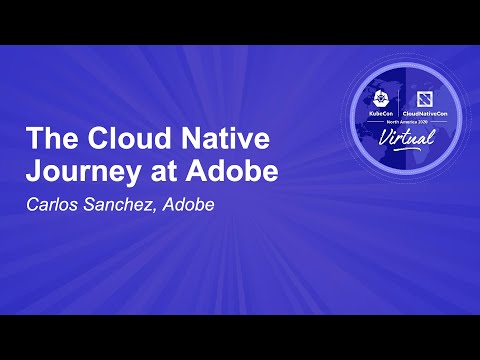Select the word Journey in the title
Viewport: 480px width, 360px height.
pos(69,171)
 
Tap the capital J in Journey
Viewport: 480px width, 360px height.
pos(31,171)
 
